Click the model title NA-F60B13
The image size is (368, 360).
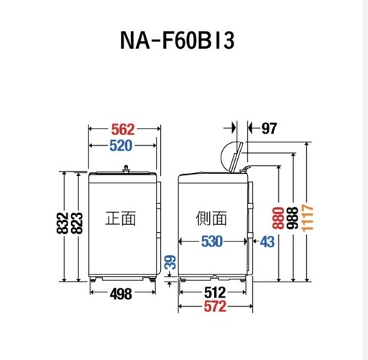[x=177, y=41]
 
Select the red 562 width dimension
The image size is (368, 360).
[x=123, y=129]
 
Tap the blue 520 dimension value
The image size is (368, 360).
[x=121, y=146]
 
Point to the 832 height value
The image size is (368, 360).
[x=63, y=223]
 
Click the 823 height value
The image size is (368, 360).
[x=77, y=223]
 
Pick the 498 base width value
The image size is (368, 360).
[x=121, y=294]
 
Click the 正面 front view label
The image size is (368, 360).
[x=121, y=218]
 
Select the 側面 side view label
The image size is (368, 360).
[x=211, y=218]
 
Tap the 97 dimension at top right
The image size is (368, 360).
[x=269, y=129]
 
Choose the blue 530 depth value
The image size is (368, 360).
[x=212, y=241]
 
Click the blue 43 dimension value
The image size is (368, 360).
[x=267, y=241]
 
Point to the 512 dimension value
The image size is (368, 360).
[x=215, y=292]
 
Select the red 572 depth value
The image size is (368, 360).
[x=215, y=306]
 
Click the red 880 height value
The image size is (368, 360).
[x=278, y=218]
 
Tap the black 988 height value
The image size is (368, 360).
[x=293, y=218]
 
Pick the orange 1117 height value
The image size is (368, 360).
[x=308, y=218]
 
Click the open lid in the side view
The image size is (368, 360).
[x=236, y=157]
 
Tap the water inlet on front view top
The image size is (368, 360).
[x=126, y=169]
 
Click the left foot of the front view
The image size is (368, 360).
[x=93, y=279]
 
